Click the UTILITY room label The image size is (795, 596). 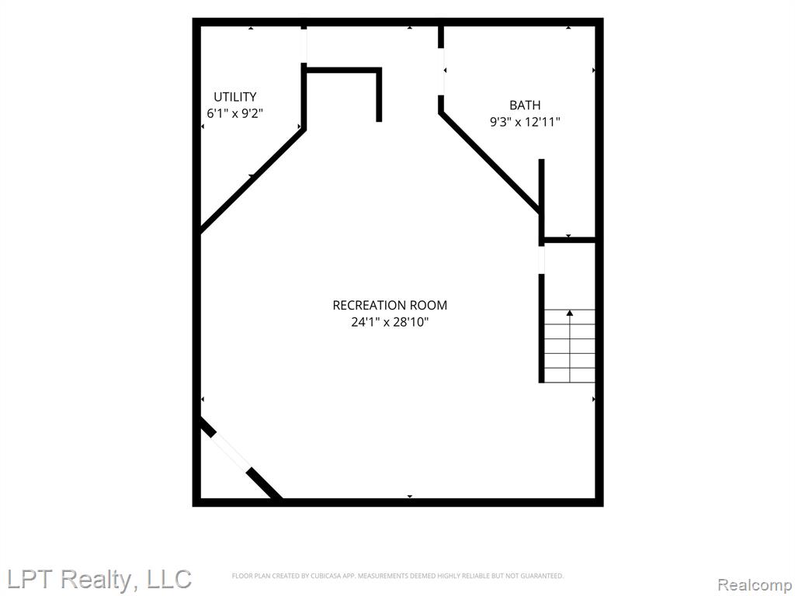[234, 96]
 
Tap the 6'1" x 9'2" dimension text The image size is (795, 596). [234, 113]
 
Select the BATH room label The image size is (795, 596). [525, 105]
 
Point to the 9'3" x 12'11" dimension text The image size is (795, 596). [525, 122]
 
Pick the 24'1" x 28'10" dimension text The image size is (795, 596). [390, 322]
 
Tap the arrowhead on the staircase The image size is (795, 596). [570, 314]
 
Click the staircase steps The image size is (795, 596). [570, 346]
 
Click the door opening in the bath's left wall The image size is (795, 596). [441, 71]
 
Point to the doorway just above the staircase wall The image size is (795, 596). [541, 260]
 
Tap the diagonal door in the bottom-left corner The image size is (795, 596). [231, 452]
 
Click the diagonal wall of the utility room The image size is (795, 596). [252, 180]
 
